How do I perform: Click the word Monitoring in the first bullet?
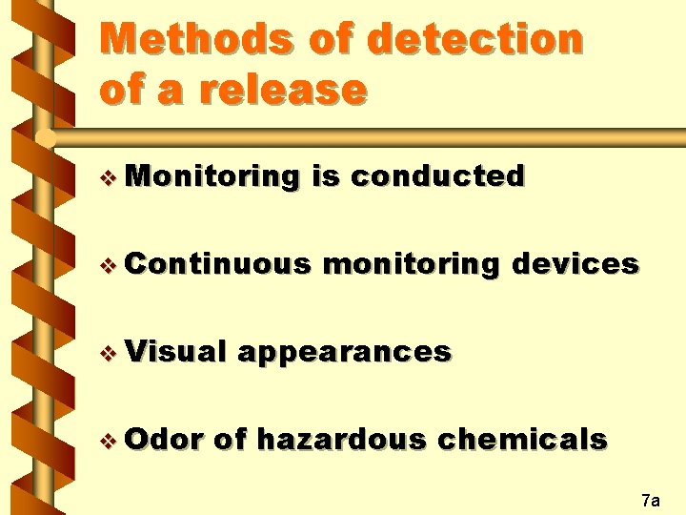coord(212,176)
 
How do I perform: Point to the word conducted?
coord(437,176)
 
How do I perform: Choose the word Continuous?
coord(217,264)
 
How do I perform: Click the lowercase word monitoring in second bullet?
coord(411,264)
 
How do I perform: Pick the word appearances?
coord(345,352)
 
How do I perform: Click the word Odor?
coord(164,439)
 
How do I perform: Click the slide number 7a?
coord(652,499)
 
